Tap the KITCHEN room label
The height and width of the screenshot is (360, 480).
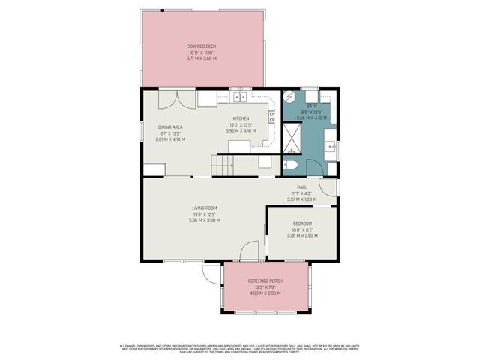click(241, 119)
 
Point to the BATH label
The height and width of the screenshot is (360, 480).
click(311, 106)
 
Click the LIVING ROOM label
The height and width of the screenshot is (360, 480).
click(204, 208)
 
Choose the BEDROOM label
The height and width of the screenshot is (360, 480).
click(302, 223)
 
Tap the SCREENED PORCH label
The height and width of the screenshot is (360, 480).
click(265, 280)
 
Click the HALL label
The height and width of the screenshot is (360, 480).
click(301, 187)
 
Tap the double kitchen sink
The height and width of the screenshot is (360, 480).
click(241, 97)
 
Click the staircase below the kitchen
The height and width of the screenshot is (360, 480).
click(219, 166)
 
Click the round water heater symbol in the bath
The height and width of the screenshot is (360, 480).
click(291, 97)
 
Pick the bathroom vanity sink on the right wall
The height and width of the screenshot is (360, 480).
click(331, 143)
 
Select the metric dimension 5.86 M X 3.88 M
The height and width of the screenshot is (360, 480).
click(204, 220)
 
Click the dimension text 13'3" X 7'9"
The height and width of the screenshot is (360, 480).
click(265, 286)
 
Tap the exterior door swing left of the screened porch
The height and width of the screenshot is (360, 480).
click(210, 274)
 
